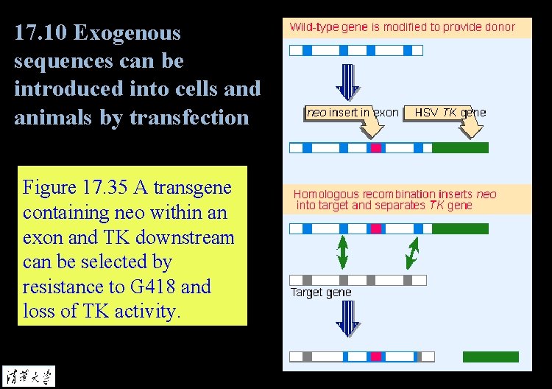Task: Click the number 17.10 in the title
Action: (x=41, y=33)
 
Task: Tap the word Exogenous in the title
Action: (x=128, y=33)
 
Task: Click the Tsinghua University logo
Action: (x=28, y=375)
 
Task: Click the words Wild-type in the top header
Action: (x=314, y=27)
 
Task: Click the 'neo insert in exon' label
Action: (x=352, y=113)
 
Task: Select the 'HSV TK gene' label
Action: (x=450, y=113)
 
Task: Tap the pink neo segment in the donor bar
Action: (x=376, y=148)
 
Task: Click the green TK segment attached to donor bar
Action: (x=460, y=148)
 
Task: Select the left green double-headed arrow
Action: (x=342, y=252)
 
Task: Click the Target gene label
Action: (x=321, y=292)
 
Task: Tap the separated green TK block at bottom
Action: (x=490, y=357)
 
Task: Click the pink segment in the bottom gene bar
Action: (x=376, y=357)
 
